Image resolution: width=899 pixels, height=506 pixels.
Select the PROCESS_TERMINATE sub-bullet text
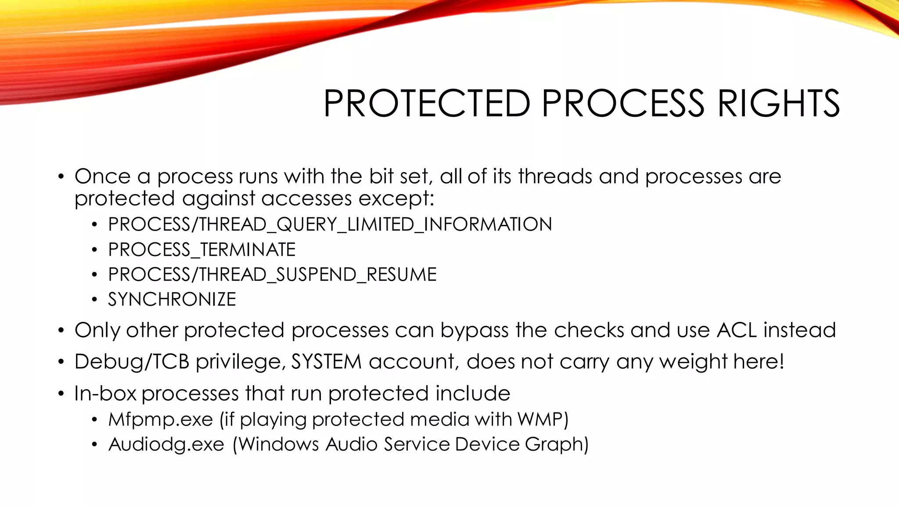(202, 250)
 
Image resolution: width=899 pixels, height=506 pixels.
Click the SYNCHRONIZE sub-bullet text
(172, 300)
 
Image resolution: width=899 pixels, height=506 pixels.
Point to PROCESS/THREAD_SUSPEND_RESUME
(272, 275)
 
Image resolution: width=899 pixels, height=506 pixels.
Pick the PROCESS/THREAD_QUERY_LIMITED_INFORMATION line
(330, 224)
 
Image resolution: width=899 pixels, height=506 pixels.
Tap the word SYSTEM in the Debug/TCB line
(326, 362)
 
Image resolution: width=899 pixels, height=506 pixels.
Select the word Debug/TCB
(132, 362)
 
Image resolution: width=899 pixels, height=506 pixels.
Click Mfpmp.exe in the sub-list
(161, 419)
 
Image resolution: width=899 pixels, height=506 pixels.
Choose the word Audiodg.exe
(166, 445)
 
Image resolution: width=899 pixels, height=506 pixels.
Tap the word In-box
(105, 394)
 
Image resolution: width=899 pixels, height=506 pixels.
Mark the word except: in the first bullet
(396, 199)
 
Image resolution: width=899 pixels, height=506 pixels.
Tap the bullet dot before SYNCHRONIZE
(94, 300)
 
